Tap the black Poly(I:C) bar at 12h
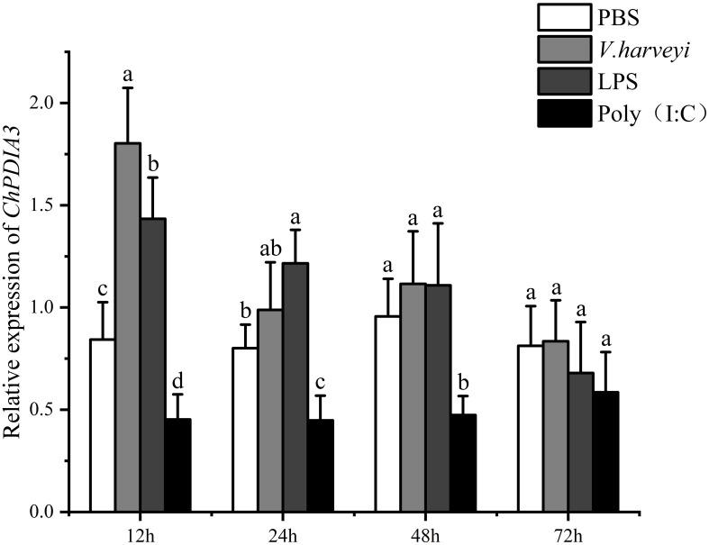pyautogui.click(x=177, y=465)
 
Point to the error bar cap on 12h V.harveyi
pyautogui.click(x=128, y=87)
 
